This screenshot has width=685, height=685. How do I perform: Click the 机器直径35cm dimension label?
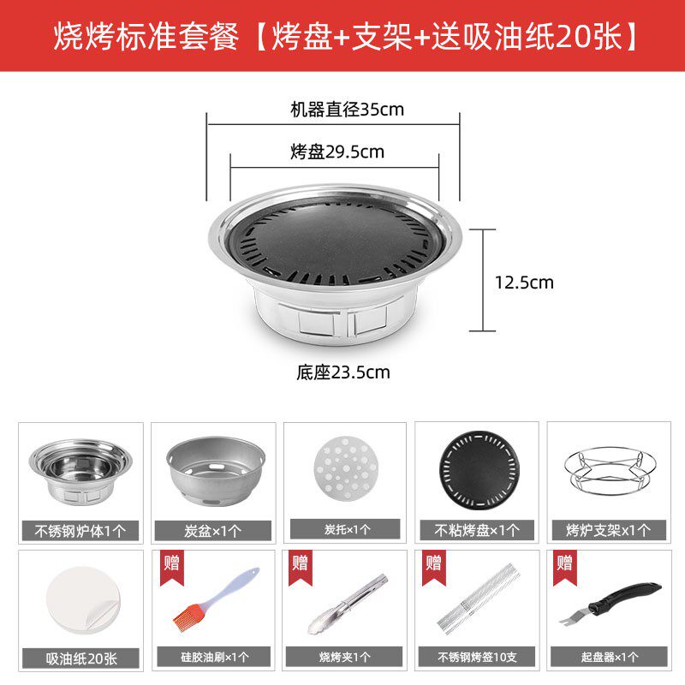[348, 110]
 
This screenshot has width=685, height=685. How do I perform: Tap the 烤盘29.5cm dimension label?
[337, 152]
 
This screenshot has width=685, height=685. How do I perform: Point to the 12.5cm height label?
[524, 283]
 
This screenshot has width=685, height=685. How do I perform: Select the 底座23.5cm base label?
[343, 372]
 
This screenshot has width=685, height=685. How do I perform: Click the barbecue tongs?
[348, 605]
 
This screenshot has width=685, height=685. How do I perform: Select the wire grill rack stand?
[611, 472]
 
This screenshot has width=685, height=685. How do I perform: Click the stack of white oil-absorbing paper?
[83, 600]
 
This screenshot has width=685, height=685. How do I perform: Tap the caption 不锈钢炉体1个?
[80, 531]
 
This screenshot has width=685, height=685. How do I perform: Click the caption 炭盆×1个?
[212, 531]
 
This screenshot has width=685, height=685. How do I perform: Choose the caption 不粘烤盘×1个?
[477, 530]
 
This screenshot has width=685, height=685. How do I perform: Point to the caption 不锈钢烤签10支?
[477, 657]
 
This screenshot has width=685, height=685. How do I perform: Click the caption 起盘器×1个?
[610, 657]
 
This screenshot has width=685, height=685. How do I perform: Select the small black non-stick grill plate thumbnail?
[479, 471]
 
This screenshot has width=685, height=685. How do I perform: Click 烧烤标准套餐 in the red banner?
[146, 36]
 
